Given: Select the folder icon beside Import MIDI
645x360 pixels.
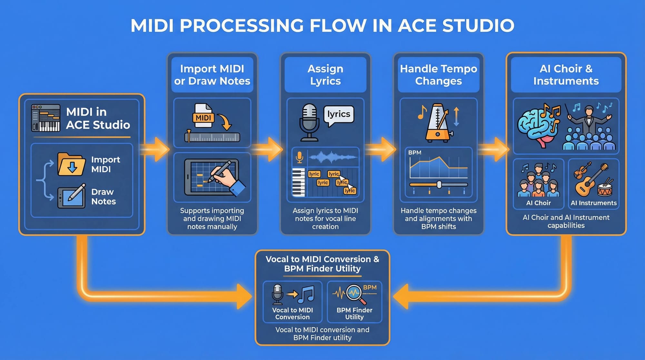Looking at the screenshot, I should [x=71, y=164].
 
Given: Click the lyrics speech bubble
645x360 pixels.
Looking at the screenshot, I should [x=338, y=115].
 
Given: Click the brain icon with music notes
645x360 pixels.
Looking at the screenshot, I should [x=538, y=126].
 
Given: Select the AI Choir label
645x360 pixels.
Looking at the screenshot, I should [x=538, y=203].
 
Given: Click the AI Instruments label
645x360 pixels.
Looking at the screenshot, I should [x=593, y=203].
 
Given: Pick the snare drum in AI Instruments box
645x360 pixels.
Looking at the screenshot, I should [x=605, y=189].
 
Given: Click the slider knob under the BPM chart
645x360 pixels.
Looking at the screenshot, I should [x=439, y=185].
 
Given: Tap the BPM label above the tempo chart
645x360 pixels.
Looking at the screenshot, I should [x=415, y=152].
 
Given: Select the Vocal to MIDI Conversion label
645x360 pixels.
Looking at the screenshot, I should [x=293, y=313].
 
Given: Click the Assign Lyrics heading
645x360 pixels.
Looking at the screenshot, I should [x=325, y=75].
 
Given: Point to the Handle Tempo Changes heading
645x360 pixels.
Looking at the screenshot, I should [x=438, y=75].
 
